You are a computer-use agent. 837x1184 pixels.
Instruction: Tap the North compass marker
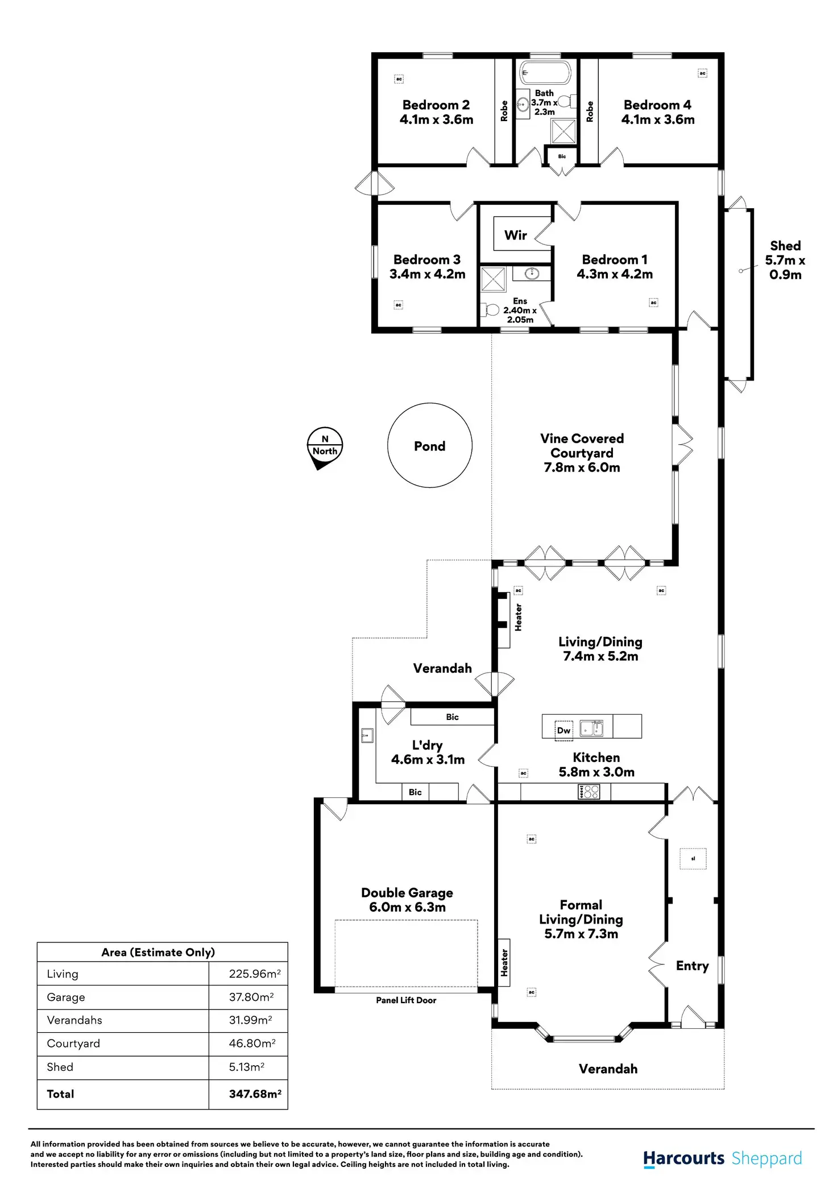pyautogui.click(x=325, y=448)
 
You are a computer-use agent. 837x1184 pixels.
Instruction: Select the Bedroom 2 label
pyautogui.click(x=436, y=105)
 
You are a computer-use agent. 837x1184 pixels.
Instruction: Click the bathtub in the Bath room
pyautogui.click(x=545, y=73)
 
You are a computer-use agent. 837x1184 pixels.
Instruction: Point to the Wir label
pyautogui.click(x=515, y=235)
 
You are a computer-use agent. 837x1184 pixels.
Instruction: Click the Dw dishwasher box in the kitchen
pyautogui.click(x=563, y=731)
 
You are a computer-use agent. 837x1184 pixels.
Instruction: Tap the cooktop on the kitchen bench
pyautogui.click(x=589, y=792)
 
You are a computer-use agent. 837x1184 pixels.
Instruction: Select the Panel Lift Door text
pyautogui.click(x=406, y=1000)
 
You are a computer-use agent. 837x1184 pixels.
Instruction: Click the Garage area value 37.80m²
pyautogui.click(x=251, y=997)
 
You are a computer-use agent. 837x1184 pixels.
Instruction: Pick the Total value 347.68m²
pyautogui.click(x=255, y=1094)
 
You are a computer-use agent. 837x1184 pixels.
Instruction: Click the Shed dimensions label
pyautogui.click(x=785, y=267)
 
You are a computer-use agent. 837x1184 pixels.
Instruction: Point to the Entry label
pyautogui.click(x=692, y=966)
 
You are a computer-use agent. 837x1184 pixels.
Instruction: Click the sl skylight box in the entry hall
pyautogui.click(x=693, y=859)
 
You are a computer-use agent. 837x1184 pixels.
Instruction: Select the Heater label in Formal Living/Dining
pyautogui.click(x=504, y=962)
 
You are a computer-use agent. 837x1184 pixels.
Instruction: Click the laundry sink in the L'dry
pyautogui.click(x=367, y=735)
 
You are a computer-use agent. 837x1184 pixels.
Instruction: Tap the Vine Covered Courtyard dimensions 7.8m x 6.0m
pyautogui.click(x=582, y=467)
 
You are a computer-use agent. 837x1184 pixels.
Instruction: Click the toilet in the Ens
pyautogui.click(x=490, y=310)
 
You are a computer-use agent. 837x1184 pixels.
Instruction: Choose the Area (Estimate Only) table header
pyautogui.click(x=158, y=953)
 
